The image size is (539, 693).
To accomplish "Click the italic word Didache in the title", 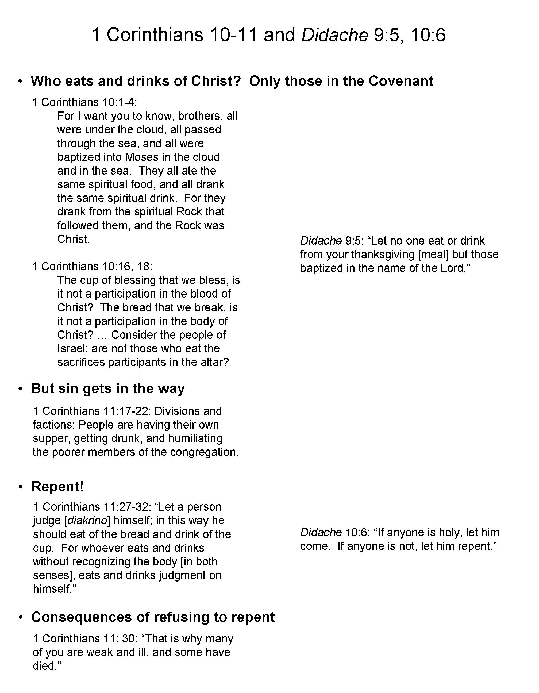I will [335, 35].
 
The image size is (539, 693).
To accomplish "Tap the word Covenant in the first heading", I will [401, 81].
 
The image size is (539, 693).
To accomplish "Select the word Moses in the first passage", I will [140, 157].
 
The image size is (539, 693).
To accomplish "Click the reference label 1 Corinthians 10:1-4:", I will [85, 102].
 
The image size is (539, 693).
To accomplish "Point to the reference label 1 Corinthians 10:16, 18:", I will [92, 267].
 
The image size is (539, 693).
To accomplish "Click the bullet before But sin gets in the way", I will [21, 389].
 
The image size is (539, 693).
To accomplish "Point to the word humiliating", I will [195, 438].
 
